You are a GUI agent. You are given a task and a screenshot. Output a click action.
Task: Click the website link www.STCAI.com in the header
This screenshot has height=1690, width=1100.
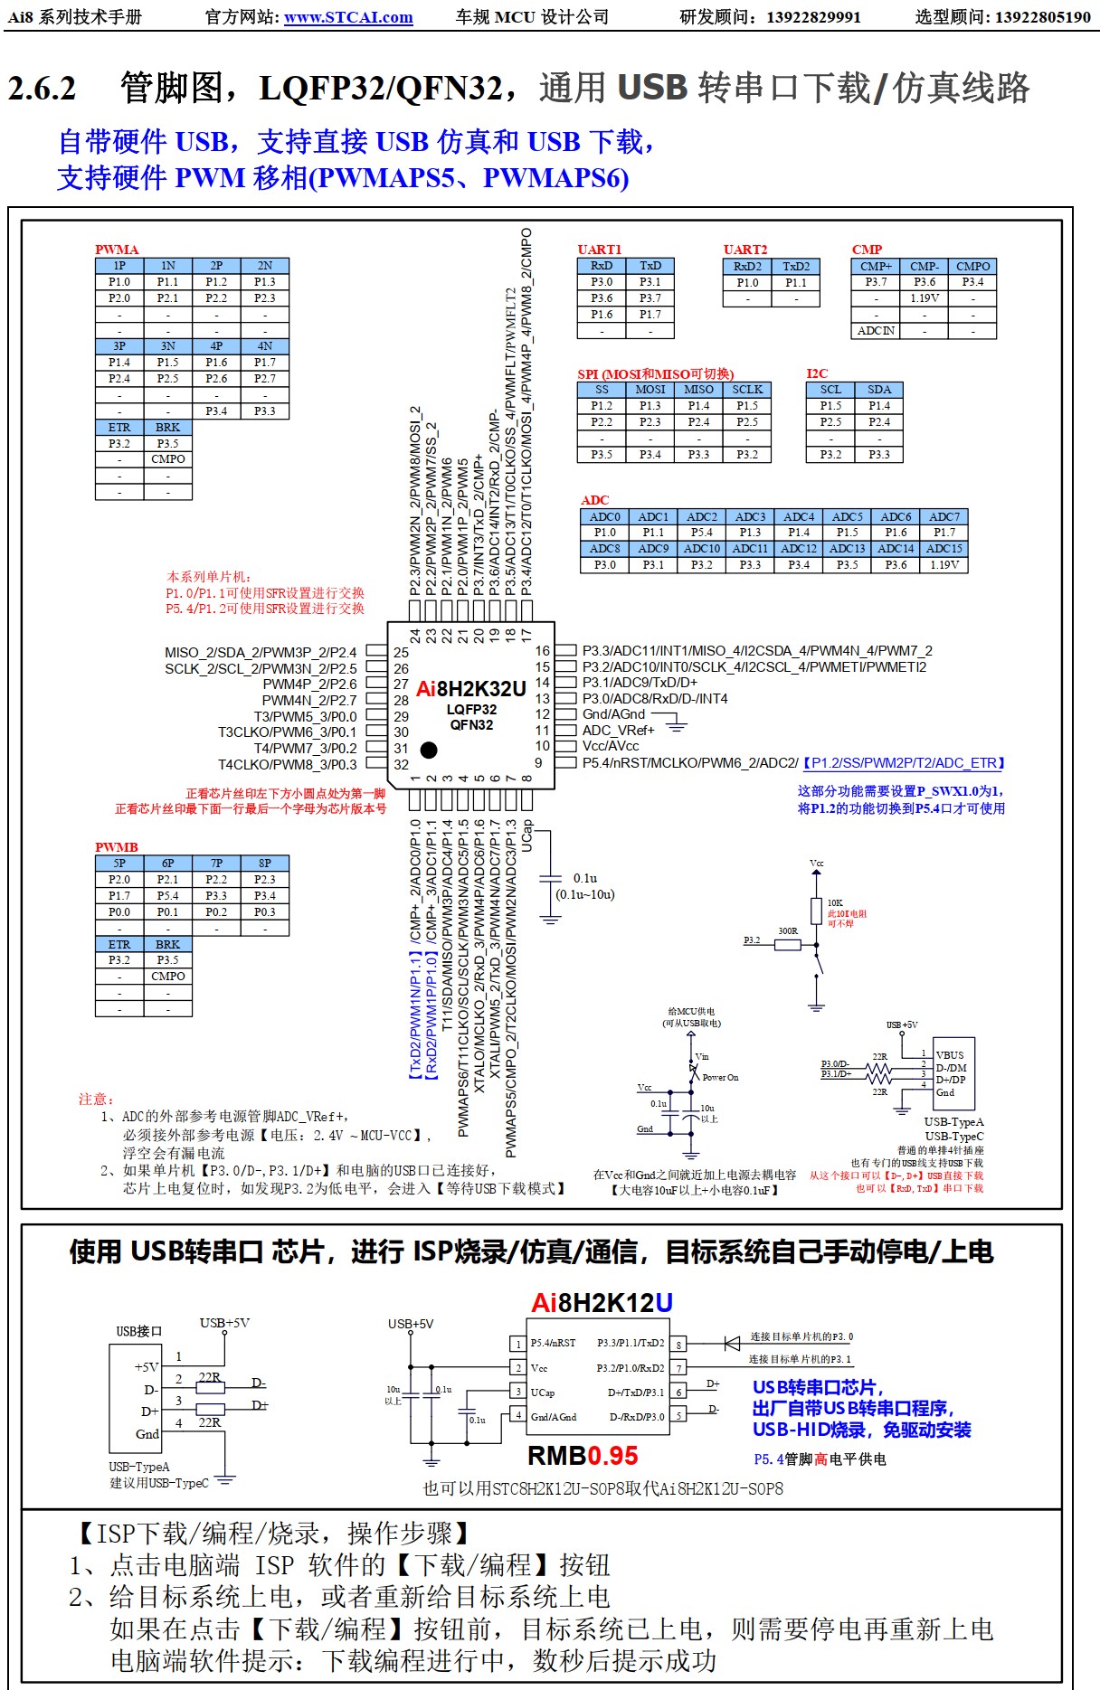(x=348, y=17)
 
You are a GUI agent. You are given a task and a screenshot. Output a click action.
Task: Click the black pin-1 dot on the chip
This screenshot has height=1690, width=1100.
(x=429, y=750)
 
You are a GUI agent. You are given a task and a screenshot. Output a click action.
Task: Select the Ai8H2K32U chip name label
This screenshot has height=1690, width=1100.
(x=470, y=689)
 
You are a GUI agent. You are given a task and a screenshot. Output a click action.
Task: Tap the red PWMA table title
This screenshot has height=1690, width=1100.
(x=117, y=250)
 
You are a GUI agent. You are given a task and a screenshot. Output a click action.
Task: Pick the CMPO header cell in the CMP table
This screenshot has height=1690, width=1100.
(x=972, y=266)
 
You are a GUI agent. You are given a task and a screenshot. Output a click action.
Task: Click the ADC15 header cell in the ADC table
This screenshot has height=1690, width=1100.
(x=944, y=548)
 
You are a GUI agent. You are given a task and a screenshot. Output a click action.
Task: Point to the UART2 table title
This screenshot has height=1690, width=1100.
(x=745, y=250)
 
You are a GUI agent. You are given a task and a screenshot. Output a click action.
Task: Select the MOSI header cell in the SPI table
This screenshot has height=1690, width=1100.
(x=650, y=390)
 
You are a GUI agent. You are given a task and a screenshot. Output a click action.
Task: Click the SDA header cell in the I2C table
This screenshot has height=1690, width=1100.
(x=879, y=390)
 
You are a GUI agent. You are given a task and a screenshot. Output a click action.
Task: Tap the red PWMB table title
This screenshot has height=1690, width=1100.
(x=117, y=847)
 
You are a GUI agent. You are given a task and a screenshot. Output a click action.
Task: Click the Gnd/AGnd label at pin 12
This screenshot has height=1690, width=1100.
(x=613, y=714)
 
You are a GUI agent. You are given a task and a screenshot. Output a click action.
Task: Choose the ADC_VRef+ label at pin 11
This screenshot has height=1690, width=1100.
(x=618, y=731)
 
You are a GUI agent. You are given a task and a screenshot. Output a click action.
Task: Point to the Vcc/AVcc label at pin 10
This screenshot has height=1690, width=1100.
(x=610, y=746)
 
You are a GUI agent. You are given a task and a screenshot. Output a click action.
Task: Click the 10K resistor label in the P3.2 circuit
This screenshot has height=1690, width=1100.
(x=835, y=902)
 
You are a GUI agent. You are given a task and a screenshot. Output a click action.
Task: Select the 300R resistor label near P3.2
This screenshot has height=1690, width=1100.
(x=788, y=930)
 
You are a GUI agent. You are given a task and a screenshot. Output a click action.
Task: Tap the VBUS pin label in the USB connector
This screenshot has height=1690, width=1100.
(x=950, y=1055)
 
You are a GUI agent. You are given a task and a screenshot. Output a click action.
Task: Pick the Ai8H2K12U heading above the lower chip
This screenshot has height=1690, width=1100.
(x=602, y=1303)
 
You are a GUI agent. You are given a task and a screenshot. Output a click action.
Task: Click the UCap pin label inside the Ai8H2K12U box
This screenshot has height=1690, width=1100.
(x=543, y=1393)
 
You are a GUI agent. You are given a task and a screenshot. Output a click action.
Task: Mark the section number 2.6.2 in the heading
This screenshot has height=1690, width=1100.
(x=43, y=89)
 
